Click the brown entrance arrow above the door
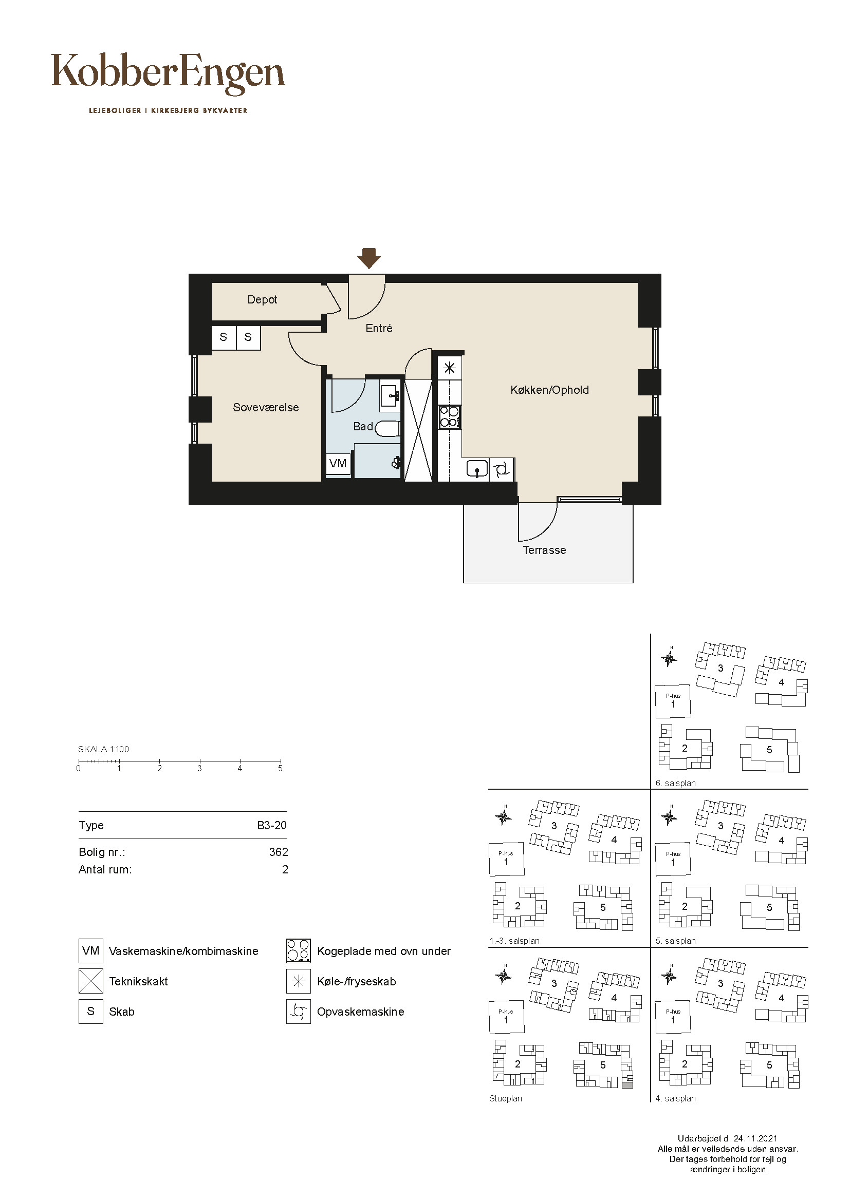(x=368, y=258)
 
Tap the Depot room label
(x=262, y=300)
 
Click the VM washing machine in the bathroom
(x=338, y=463)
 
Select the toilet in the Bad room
(x=388, y=429)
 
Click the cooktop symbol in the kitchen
(x=450, y=417)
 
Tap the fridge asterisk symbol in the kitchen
(x=449, y=368)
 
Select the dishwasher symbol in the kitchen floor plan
(x=501, y=469)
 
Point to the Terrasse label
(x=544, y=550)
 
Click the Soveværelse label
(x=266, y=408)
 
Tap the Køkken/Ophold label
(x=549, y=390)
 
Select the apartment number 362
(x=279, y=852)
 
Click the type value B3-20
(x=272, y=826)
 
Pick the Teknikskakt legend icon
(x=90, y=981)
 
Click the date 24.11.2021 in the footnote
(x=755, y=1138)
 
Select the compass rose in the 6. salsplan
(x=669, y=658)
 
